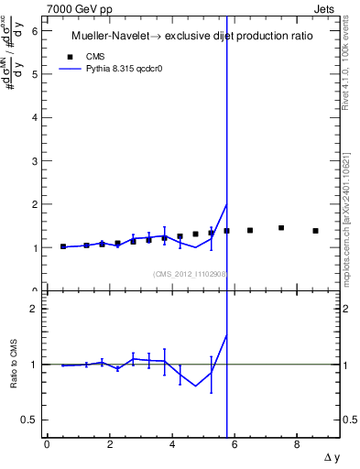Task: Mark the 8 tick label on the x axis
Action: click(x=297, y=444)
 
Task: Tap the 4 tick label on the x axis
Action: click(x=171, y=444)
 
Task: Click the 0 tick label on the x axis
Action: click(x=47, y=444)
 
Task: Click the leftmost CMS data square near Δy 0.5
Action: click(x=63, y=246)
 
